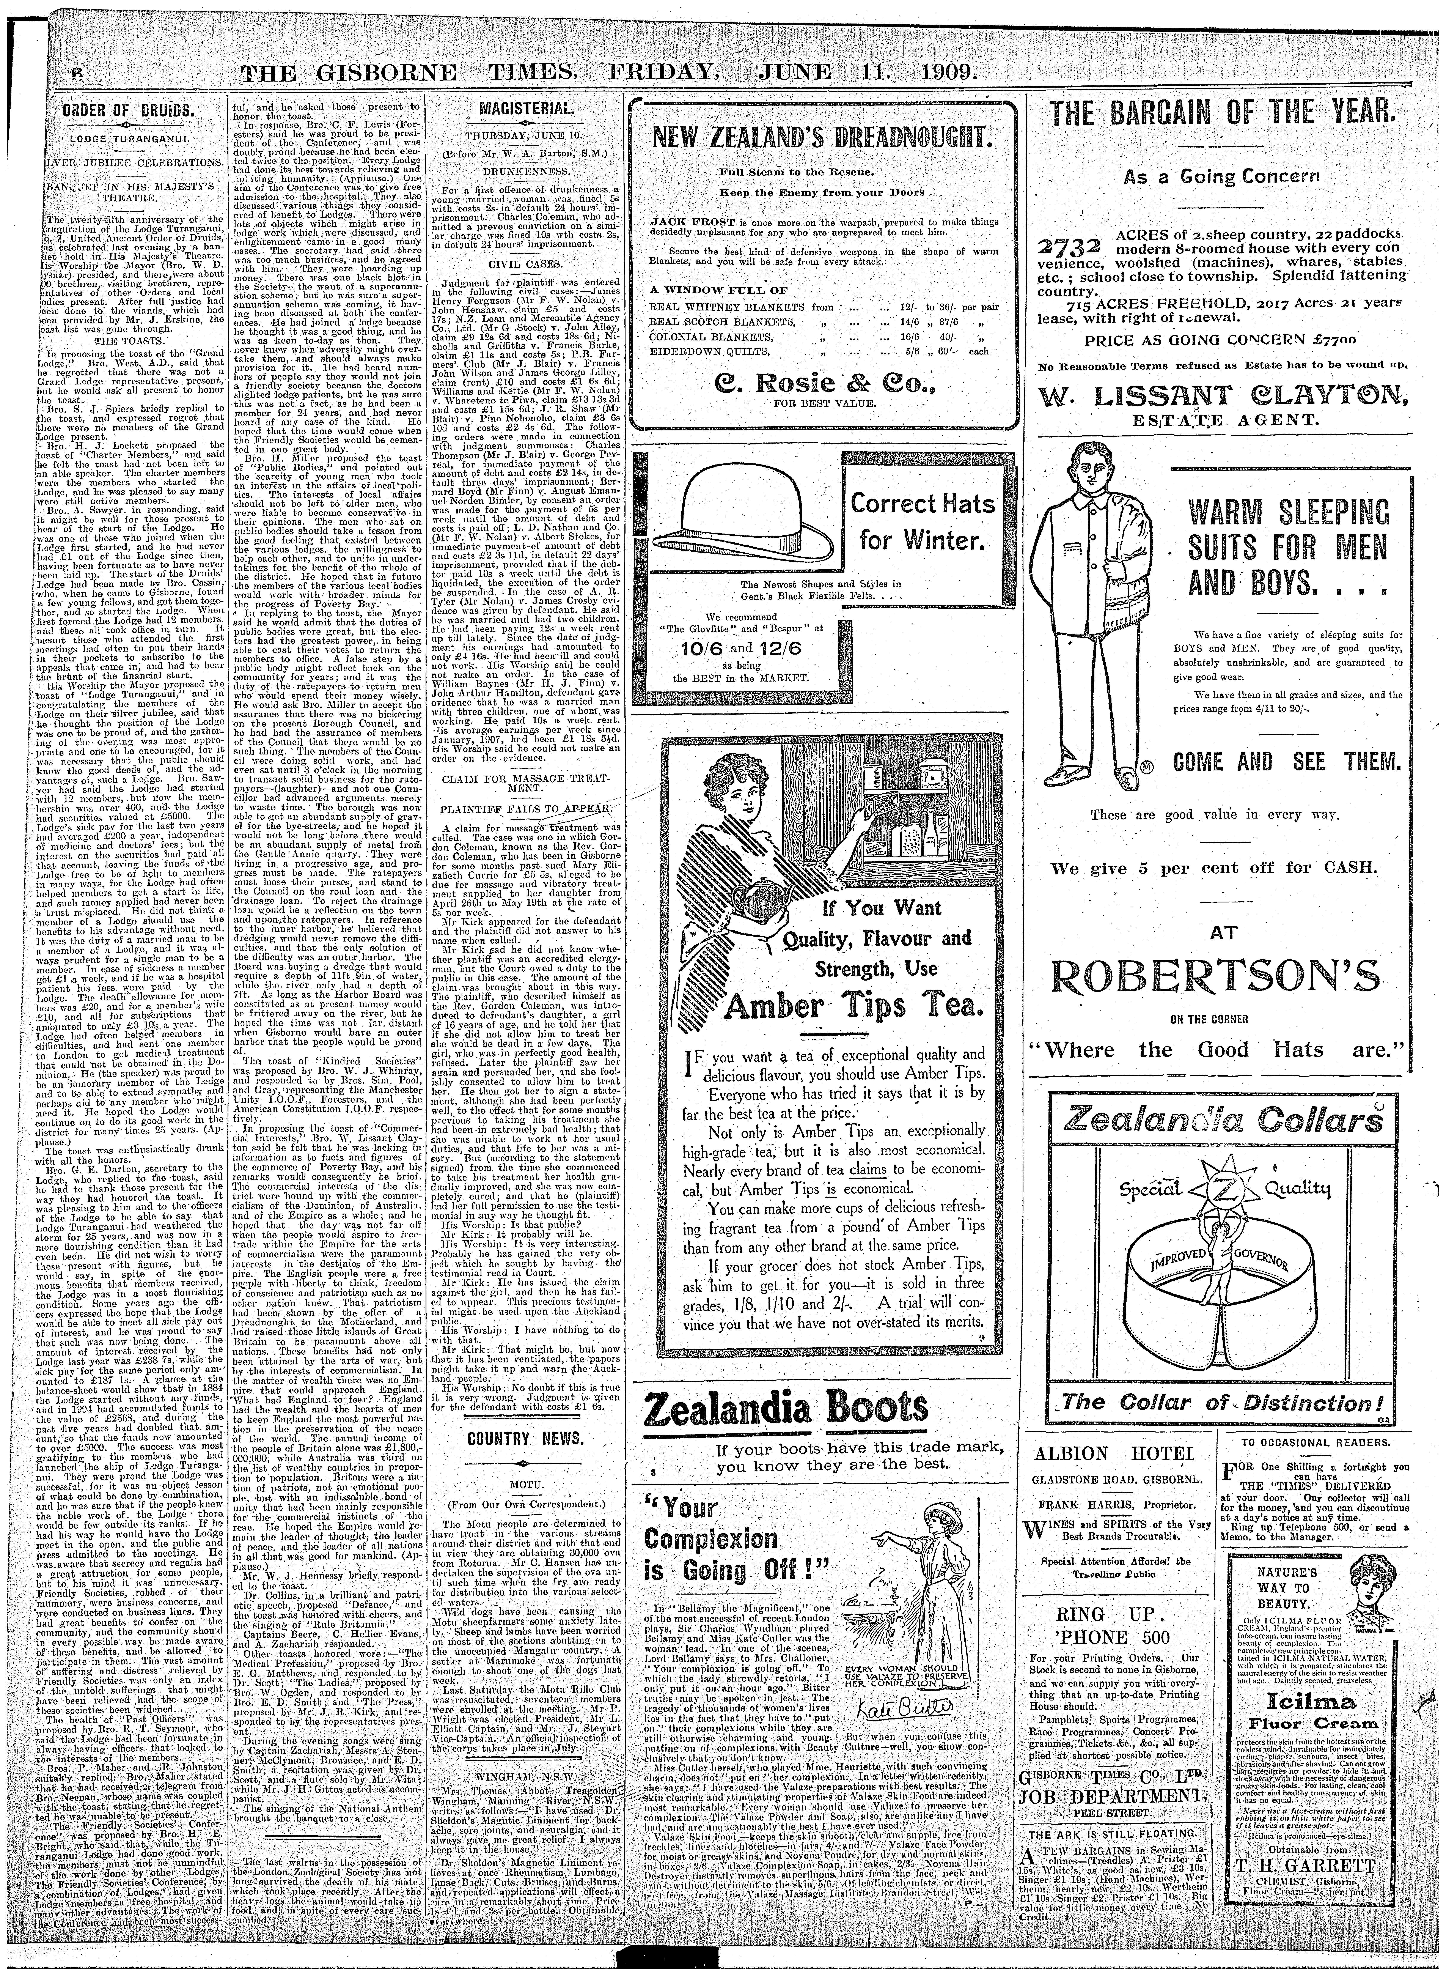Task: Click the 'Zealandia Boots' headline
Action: click(x=786, y=1408)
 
